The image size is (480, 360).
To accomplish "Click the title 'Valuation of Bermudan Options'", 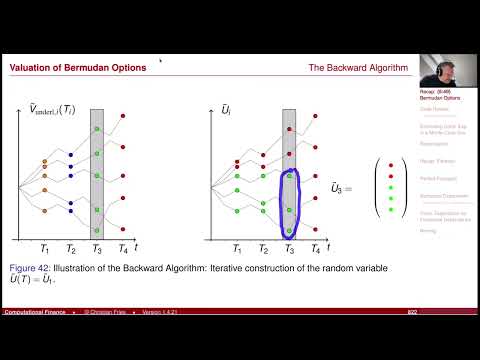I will click(x=78, y=68).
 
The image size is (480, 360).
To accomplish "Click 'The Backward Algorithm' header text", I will click(x=358, y=68).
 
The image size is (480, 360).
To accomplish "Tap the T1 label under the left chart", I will click(x=43, y=247).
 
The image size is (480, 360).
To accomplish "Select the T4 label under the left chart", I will click(x=122, y=247).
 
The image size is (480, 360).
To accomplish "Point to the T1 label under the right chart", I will click(x=236, y=247).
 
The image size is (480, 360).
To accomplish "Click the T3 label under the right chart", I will click(x=289, y=247).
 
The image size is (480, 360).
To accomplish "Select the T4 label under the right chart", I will click(x=316, y=247).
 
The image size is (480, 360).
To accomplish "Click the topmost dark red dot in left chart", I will click(x=122, y=117).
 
